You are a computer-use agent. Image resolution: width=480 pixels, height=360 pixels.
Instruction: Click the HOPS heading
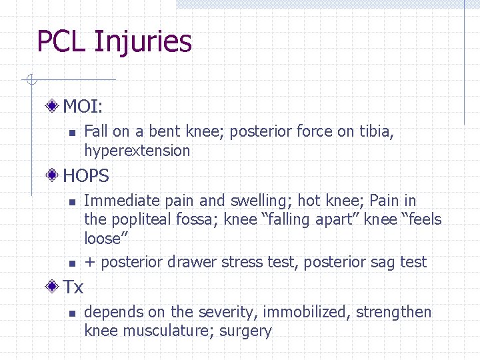tap(86, 176)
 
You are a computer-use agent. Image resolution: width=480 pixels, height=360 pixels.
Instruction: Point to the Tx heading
tap(73, 287)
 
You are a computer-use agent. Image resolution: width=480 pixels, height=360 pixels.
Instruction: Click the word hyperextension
tap(137, 151)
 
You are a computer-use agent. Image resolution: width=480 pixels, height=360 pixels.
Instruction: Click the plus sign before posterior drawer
tap(89, 262)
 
